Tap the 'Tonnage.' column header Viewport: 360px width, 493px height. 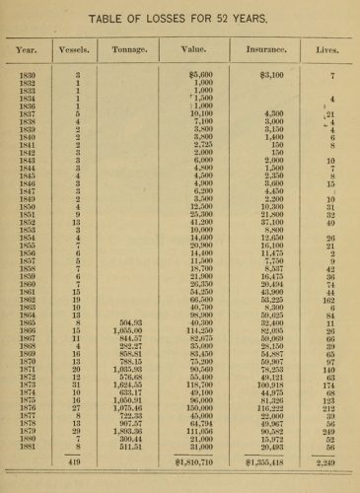[x=139, y=48]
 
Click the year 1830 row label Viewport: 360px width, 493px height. [x=27, y=75]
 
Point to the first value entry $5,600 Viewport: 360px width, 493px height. [x=201, y=75]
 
